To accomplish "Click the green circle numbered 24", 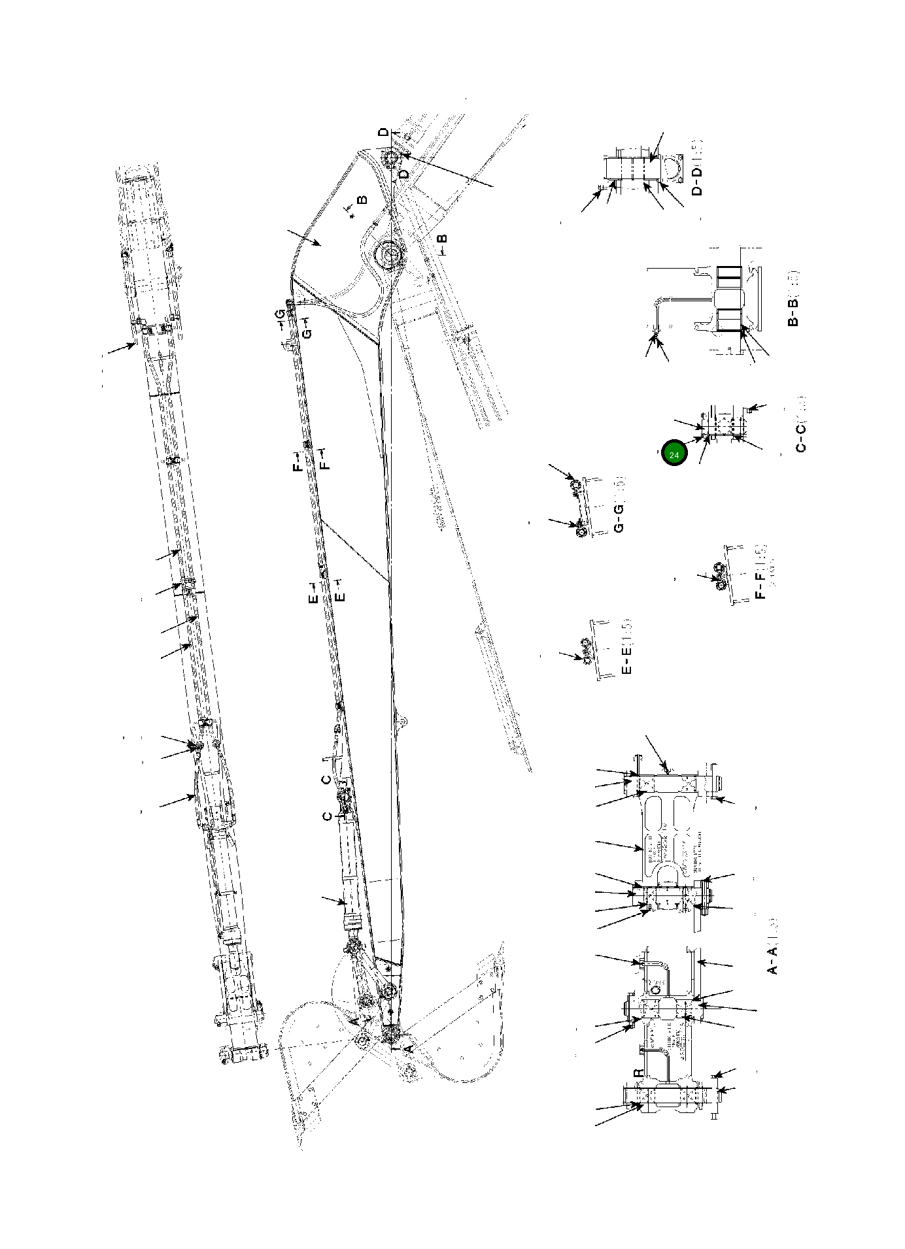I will click(x=674, y=454).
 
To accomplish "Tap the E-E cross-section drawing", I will click(x=596, y=650).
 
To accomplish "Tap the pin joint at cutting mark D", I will click(x=391, y=159).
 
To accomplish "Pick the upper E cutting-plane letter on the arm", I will click(x=313, y=597).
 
